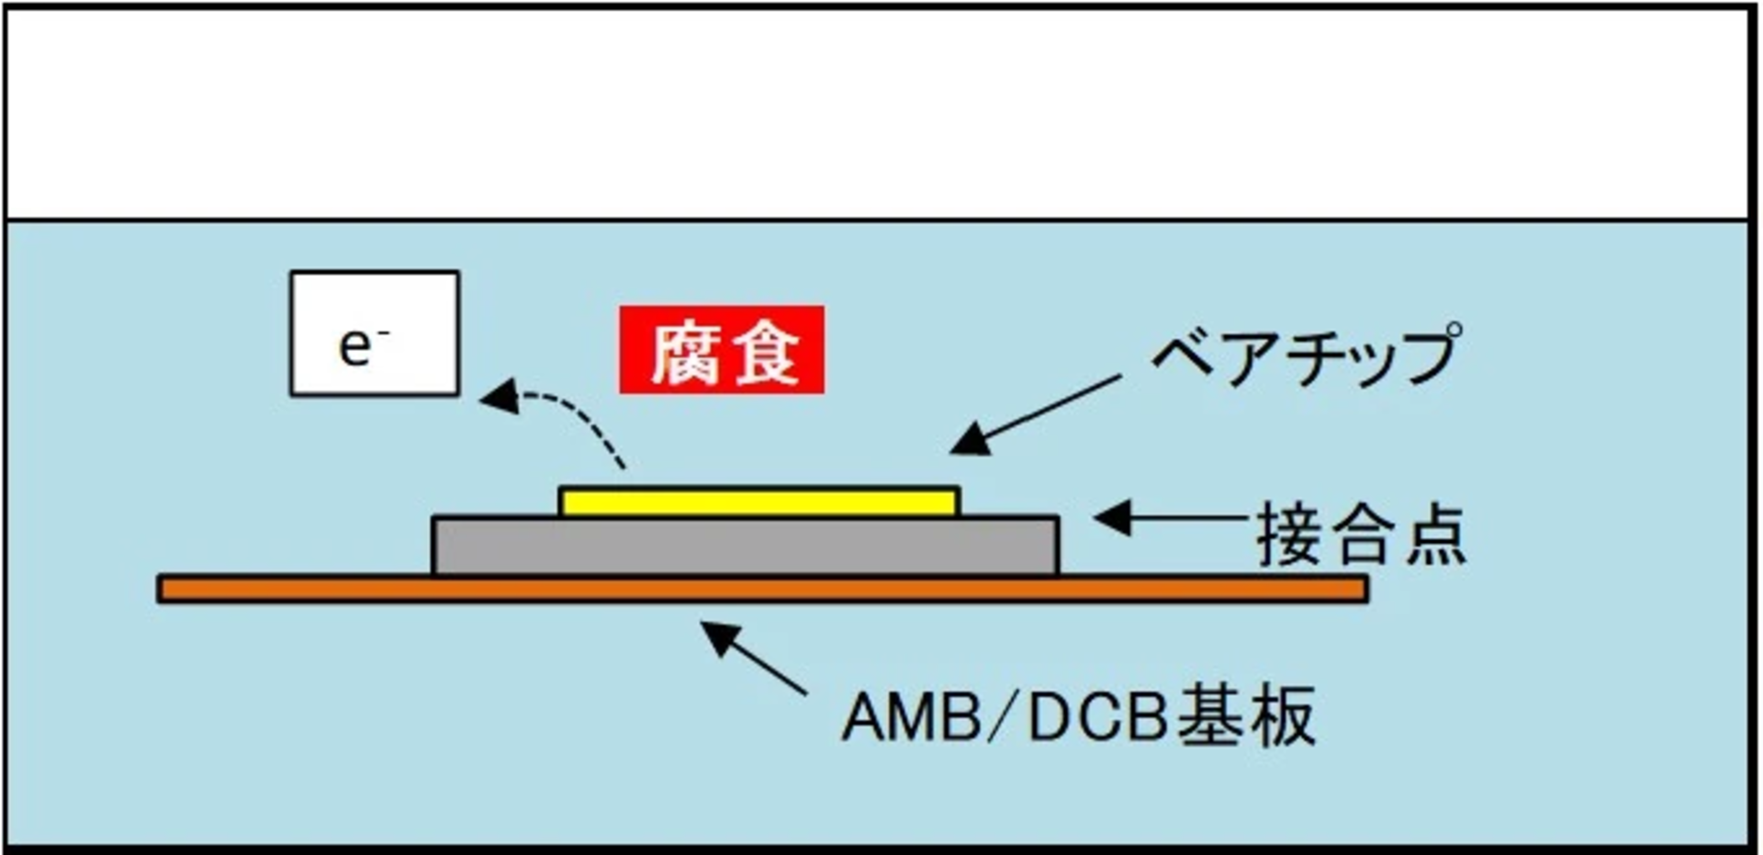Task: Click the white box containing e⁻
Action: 374,333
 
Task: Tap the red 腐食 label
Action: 722,350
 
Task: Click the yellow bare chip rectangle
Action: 759,502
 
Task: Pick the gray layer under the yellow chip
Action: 746,546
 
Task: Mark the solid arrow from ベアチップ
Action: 1038,414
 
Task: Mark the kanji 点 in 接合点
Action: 1433,536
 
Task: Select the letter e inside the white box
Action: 356,347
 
